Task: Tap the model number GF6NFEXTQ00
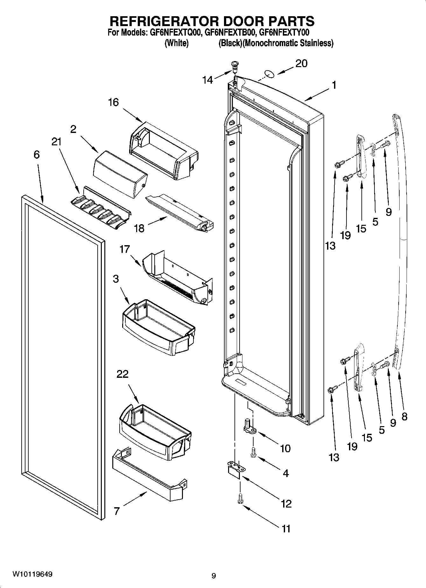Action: click(x=175, y=32)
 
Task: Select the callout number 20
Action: click(x=301, y=64)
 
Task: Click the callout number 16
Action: click(x=113, y=102)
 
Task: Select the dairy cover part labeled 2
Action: click(x=120, y=175)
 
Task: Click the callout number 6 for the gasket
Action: click(x=37, y=155)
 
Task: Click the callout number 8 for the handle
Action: click(x=404, y=417)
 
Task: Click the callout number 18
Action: click(x=139, y=228)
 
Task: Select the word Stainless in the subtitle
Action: click(x=316, y=43)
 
